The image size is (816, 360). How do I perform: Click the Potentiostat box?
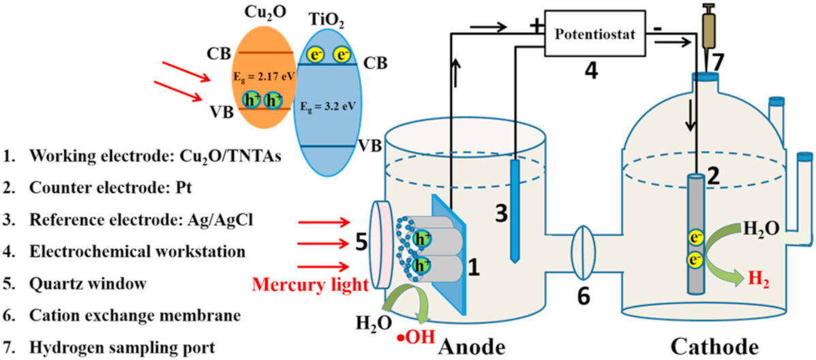pyautogui.click(x=594, y=33)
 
